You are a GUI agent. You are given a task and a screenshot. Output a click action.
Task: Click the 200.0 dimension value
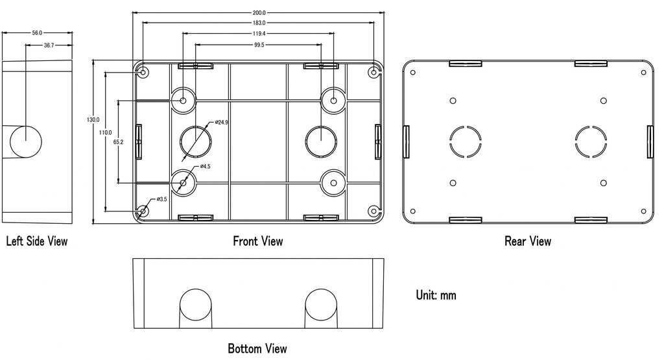click(x=259, y=13)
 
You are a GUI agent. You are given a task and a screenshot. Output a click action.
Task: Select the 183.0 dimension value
click(x=259, y=23)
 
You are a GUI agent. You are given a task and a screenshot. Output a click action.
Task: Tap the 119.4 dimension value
click(x=259, y=34)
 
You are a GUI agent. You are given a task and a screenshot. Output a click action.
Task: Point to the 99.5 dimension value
click(x=259, y=45)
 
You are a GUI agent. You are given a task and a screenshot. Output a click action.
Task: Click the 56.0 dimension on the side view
click(x=37, y=32)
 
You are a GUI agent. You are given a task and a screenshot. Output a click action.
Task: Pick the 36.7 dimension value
click(x=49, y=45)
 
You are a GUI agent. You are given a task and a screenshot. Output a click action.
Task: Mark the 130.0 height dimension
click(x=93, y=120)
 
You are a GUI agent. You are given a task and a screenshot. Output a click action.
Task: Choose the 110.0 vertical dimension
click(x=105, y=132)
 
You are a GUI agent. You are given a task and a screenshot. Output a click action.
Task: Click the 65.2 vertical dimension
click(x=118, y=142)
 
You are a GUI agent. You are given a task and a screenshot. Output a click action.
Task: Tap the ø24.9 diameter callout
click(x=221, y=123)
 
